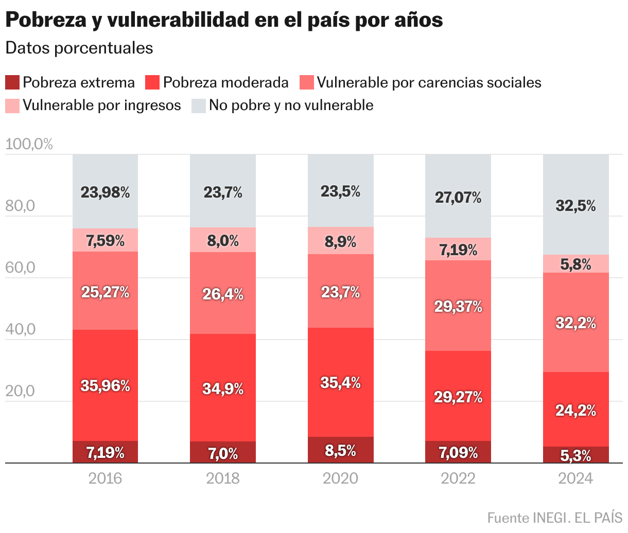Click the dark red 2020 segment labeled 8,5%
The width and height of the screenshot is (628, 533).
[341, 450]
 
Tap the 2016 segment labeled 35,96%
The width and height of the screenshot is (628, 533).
[105, 385]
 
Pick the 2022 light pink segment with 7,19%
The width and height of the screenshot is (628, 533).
[458, 250]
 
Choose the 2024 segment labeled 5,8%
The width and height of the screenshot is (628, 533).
[576, 264]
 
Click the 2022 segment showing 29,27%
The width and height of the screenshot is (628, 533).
[458, 396]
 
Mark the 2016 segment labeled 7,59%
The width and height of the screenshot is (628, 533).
[105, 240]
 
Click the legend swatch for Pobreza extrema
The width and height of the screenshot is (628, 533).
[12, 82]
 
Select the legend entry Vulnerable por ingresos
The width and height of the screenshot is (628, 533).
[102, 105]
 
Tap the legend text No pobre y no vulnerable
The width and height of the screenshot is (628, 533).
[291, 105]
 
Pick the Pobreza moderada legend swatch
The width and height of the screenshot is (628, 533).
[153, 82]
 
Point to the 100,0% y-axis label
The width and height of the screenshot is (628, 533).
[29, 144]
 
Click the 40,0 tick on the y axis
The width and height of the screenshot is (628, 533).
[20, 329]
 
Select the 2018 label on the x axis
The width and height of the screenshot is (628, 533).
[223, 478]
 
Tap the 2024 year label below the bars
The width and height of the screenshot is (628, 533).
[576, 478]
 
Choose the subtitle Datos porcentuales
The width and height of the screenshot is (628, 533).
[79, 48]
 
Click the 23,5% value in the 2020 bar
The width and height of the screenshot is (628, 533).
[341, 191]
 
